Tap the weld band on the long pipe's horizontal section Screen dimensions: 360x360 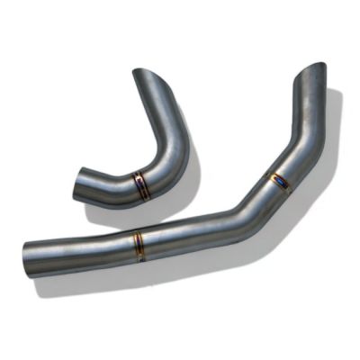coord(139,245)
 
